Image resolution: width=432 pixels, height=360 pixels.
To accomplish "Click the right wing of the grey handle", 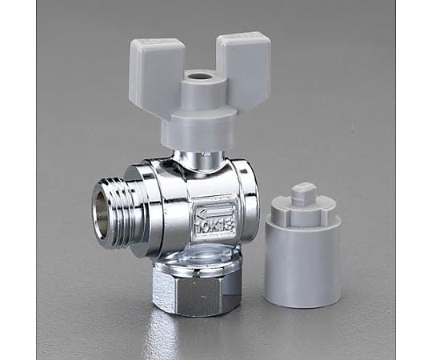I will click(243, 62).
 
